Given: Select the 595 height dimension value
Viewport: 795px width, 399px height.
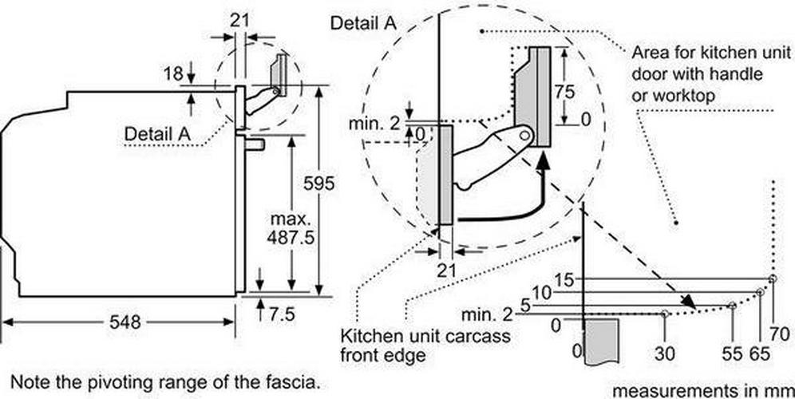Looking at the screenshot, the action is [319, 184].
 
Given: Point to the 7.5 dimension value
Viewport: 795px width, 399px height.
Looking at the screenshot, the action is [282, 314].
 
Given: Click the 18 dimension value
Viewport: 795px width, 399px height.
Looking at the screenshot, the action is [173, 74].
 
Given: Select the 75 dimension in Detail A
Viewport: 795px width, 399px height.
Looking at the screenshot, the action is [565, 92].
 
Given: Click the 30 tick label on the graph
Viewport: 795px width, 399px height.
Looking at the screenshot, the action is [664, 354].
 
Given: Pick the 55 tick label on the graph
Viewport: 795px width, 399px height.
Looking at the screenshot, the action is [732, 354].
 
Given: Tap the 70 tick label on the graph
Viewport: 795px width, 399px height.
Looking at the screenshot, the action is [779, 334].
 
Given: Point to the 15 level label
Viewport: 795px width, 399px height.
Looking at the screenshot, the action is [564, 279].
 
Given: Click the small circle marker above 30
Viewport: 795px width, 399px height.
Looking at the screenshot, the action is [665, 314].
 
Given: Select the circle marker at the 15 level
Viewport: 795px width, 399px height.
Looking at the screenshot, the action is [772, 279].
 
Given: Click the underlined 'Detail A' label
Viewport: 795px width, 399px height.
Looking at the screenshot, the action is [157, 134].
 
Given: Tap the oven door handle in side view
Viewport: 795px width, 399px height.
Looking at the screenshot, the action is [255, 145].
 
